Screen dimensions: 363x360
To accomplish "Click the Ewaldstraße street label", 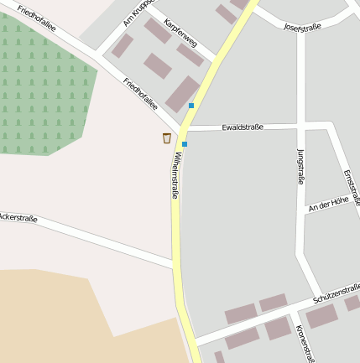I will (243, 127).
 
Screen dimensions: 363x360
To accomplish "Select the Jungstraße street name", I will (300, 165).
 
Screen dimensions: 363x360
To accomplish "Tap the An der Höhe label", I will (328, 203).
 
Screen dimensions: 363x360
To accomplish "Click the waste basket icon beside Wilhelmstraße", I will (166, 137).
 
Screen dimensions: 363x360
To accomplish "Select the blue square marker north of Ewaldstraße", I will (191, 106).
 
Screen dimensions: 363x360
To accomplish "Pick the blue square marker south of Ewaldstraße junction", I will (185, 144).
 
